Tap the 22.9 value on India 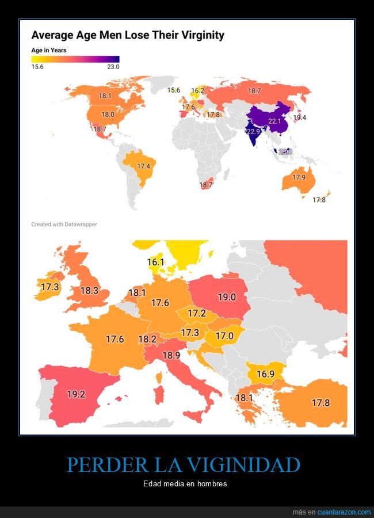point(253,131)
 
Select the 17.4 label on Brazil point(144,166)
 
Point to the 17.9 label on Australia point(299,177)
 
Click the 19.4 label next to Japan point(300,117)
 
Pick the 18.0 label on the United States point(108,115)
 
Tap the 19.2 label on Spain point(76,395)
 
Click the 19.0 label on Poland point(227,297)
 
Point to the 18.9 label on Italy point(171,356)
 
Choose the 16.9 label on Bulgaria point(265,374)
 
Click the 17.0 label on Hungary point(224,336)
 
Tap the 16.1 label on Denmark point(155,262)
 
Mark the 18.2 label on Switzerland point(147,340)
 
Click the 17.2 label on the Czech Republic point(197,314)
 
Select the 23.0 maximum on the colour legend point(113,67)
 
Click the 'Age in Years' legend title point(49,50)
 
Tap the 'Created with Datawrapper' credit point(64,224)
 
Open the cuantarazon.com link point(344,512)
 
